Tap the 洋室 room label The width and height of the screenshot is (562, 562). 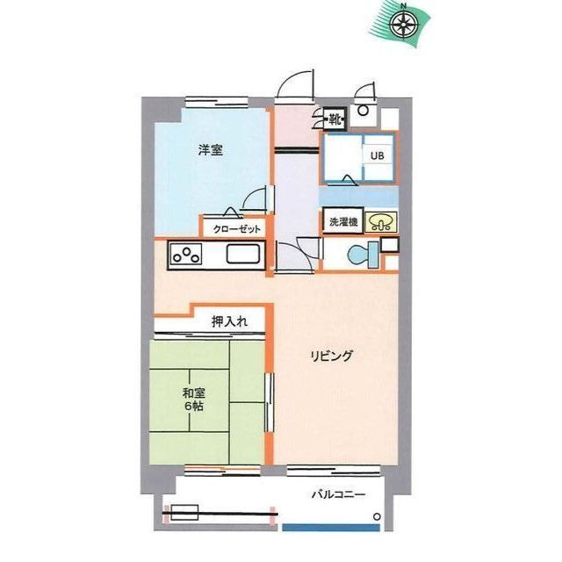click(x=211, y=150)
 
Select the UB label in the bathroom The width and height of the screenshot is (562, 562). click(x=377, y=155)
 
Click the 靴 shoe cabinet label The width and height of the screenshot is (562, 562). click(x=335, y=118)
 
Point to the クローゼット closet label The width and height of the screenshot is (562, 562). click(x=236, y=229)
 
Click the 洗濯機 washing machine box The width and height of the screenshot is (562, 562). click(x=343, y=222)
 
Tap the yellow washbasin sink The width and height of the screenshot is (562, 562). click(x=381, y=222)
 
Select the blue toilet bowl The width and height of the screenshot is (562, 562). click(x=363, y=255)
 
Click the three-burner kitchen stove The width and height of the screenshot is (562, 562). click(x=186, y=256)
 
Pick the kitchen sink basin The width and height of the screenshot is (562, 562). click(x=243, y=255)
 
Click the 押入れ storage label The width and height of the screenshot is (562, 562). click(x=229, y=321)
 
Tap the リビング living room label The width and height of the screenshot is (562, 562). click(x=332, y=357)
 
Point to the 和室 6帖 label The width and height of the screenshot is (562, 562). click(x=193, y=400)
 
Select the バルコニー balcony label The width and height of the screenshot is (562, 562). click(x=338, y=495)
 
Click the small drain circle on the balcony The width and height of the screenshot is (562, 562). click(x=377, y=517)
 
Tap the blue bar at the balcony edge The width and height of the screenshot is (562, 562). click(x=331, y=528)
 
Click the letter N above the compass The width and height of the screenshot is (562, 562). click(x=404, y=6)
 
